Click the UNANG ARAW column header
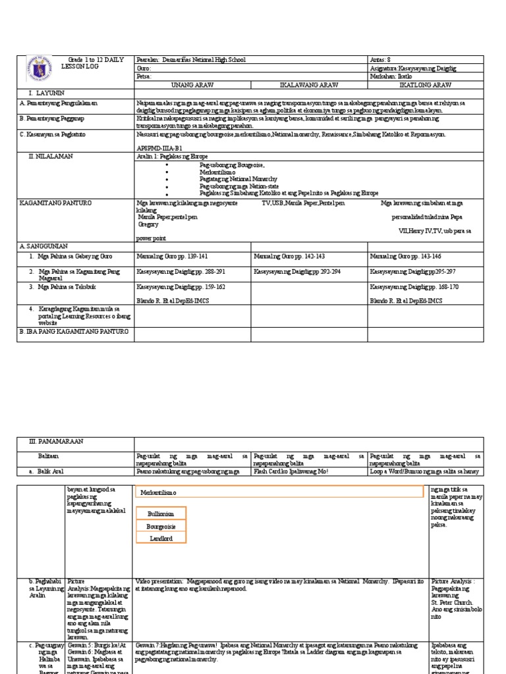tap(192, 85)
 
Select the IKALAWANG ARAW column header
tap(309, 85)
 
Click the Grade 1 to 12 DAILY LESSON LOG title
tap(92, 63)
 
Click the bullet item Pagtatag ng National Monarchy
tap(238, 179)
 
